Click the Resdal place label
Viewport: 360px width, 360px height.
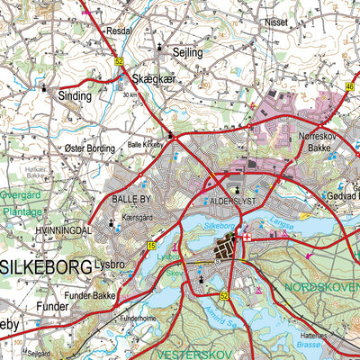pyautogui.click(x=119, y=30)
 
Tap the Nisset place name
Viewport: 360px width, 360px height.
pyautogui.click(x=275, y=23)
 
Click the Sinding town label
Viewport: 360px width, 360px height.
pyautogui.click(x=74, y=95)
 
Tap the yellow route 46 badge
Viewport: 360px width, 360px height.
pyautogui.click(x=351, y=86)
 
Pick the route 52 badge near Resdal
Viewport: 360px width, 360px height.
pyautogui.click(x=119, y=61)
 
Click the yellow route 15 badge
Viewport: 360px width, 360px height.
pyautogui.click(x=151, y=246)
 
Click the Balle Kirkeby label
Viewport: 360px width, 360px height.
pyautogui.click(x=147, y=142)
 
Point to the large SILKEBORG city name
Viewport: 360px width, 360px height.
pyautogui.click(x=46, y=267)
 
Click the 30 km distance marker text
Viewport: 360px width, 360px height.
pyautogui.click(x=130, y=94)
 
